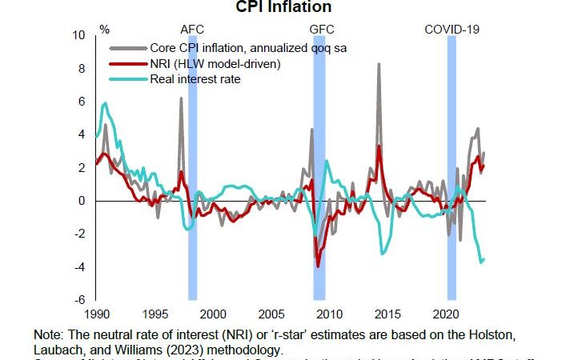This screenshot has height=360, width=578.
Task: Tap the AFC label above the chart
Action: (192, 30)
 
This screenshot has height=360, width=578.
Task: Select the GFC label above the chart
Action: (319, 30)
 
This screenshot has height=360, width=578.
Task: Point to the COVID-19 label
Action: (452, 30)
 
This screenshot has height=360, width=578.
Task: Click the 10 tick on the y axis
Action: (79, 36)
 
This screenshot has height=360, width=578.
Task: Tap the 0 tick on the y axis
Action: (83, 201)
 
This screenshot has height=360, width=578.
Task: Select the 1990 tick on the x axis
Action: (96, 314)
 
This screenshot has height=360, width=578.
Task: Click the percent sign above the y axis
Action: (104, 30)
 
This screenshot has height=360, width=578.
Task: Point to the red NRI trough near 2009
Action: (318, 266)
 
